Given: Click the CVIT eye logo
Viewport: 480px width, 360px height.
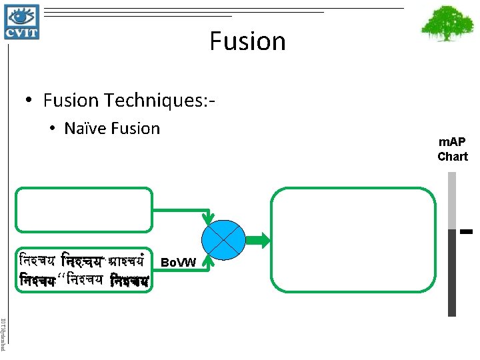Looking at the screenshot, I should [21, 21].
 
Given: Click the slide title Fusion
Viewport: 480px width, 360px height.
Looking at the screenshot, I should [247, 41].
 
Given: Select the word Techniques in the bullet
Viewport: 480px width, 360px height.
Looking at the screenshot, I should [151, 101].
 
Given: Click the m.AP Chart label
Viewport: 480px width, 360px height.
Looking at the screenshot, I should [453, 149].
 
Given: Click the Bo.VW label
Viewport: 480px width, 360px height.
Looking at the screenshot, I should [179, 263].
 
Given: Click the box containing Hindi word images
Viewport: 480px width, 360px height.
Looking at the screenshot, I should [84, 271].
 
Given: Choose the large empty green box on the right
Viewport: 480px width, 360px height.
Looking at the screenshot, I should [353, 239].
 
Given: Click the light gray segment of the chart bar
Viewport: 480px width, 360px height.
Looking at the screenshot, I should [452, 200].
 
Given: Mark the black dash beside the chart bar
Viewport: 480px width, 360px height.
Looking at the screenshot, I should [466, 232].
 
